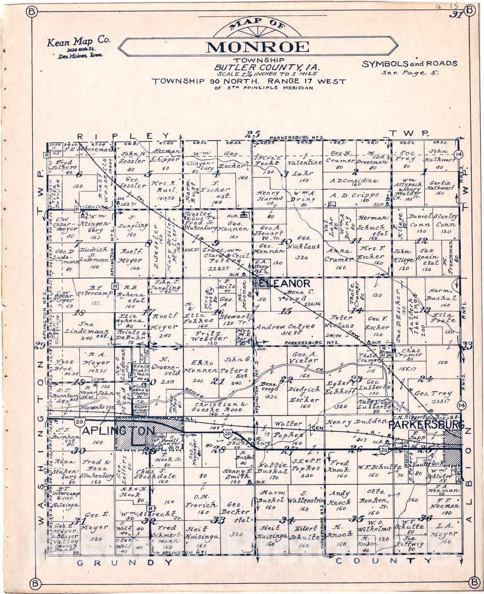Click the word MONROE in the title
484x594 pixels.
pos(258,47)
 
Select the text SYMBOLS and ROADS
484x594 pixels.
pos(409,64)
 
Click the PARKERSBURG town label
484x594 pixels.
pos(425,425)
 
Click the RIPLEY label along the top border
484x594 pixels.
pos(123,136)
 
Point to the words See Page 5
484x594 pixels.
pos(409,72)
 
